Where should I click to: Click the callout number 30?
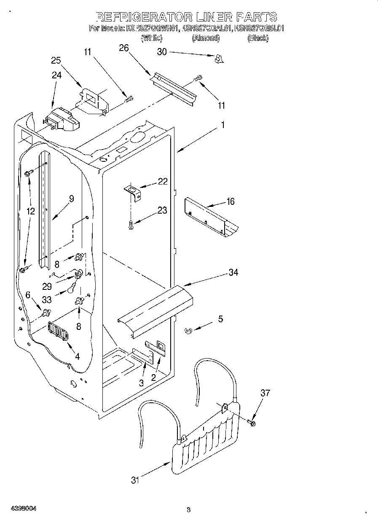[162, 52]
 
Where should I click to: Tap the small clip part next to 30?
[218, 59]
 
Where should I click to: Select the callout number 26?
[123, 48]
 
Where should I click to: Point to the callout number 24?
[56, 75]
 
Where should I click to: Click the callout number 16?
[230, 201]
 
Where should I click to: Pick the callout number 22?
[163, 181]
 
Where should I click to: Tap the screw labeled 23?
[131, 225]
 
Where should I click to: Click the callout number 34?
[233, 272]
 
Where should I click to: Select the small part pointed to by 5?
[188, 331]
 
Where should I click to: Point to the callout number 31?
[134, 480]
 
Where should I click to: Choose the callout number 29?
[47, 286]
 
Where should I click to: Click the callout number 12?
[30, 211]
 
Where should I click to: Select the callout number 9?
[71, 199]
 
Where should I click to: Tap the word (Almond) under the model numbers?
[206, 38]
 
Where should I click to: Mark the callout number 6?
[28, 295]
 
